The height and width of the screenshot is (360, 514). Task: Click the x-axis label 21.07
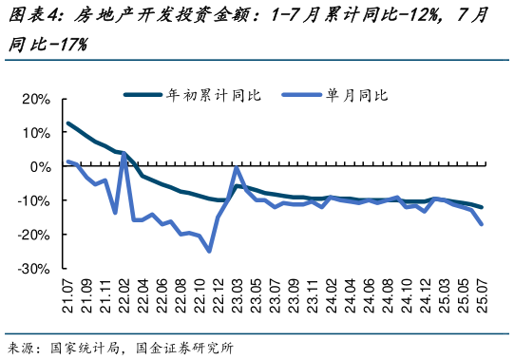(x=68, y=296)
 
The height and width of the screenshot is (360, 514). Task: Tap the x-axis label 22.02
(x=124, y=296)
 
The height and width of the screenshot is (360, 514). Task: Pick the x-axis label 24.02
(x=331, y=296)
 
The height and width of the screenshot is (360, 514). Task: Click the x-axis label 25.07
(x=482, y=296)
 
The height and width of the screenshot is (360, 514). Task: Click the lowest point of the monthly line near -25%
(x=209, y=251)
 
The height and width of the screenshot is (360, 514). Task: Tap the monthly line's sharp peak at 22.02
(x=124, y=153)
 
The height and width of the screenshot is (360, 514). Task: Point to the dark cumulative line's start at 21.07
(x=68, y=123)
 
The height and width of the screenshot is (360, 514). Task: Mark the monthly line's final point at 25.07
(x=482, y=224)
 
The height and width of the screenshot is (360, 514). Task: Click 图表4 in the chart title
(x=31, y=16)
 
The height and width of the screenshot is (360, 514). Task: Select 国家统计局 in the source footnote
(x=85, y=348)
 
